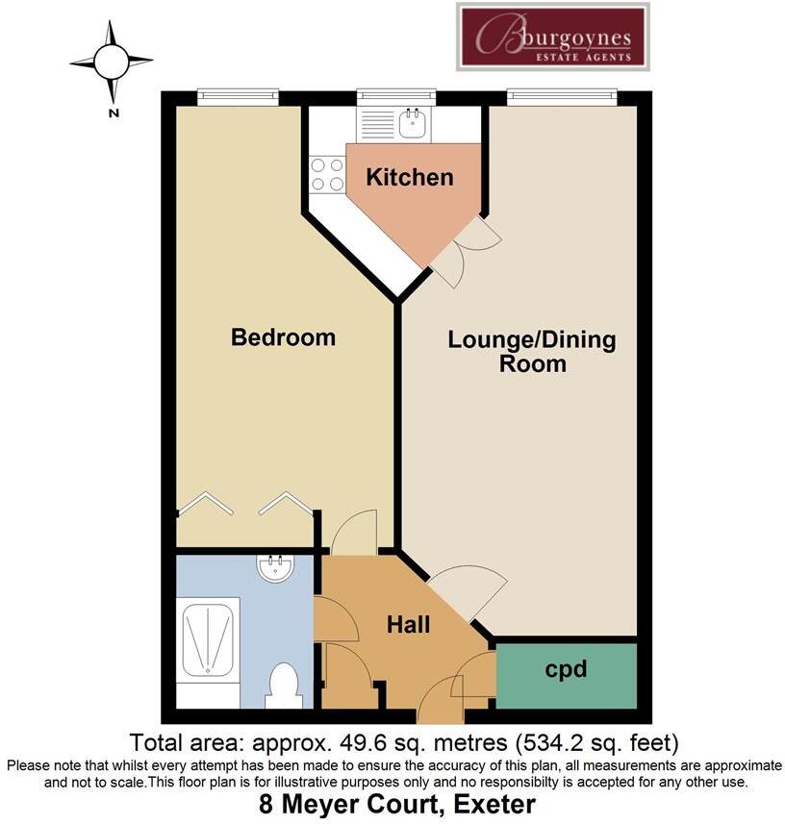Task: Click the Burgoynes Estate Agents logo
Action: pos(551,37)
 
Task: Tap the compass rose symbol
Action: pos(112,62)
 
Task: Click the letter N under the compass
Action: pos(114,112)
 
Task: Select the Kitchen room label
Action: pos(410,177)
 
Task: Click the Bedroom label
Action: pos(283,337)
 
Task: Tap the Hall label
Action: pos(408,625)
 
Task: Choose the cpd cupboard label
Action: pos(566,669)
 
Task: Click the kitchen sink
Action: pos(415,122)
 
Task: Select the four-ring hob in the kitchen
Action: pos(327,175)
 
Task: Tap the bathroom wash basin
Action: pos(276,569)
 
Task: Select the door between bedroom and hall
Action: pos(353,533)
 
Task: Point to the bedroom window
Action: pos(238,96)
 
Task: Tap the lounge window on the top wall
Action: pos(562,96)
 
